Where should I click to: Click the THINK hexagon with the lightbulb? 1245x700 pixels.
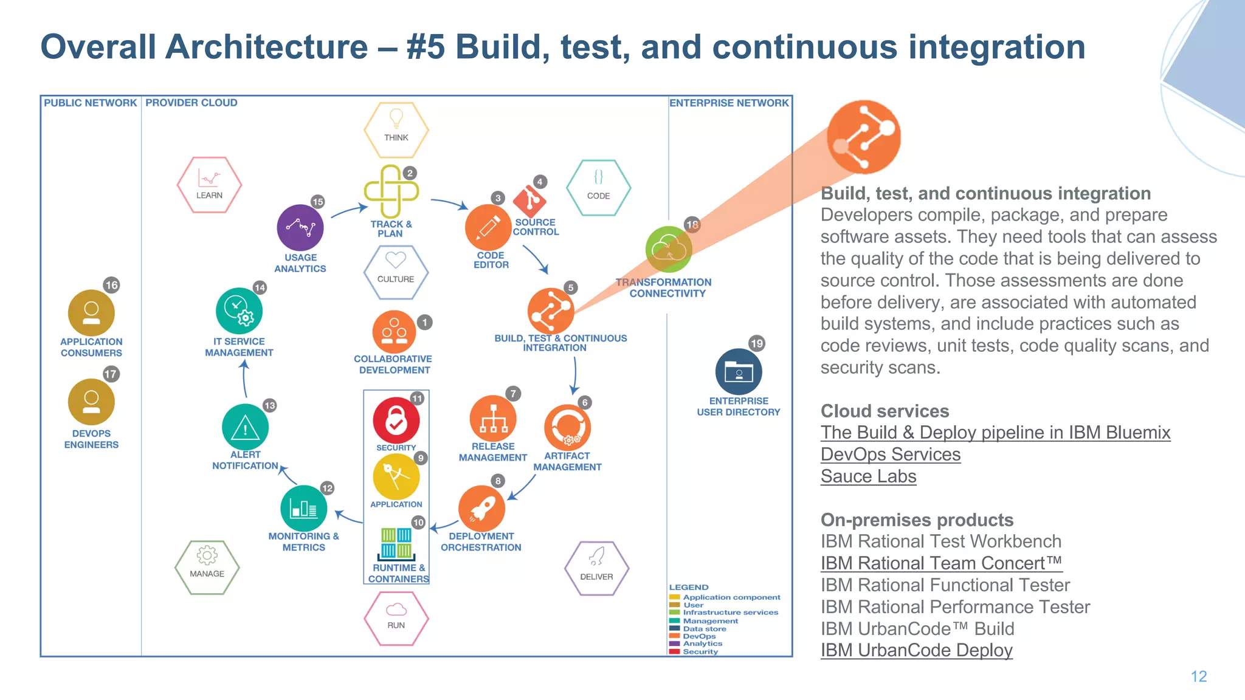click(396, 129)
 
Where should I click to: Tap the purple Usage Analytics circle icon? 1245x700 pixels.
click(300, 228)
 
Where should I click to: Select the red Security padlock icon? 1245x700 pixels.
click(396, 420)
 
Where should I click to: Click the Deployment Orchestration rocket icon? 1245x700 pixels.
click(481, 508)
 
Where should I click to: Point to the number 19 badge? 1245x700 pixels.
click(756, 343)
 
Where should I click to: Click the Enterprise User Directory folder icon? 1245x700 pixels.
click(738, 371)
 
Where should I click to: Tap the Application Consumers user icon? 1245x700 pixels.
click(91, 312)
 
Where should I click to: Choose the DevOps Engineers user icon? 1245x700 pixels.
click(91, 402)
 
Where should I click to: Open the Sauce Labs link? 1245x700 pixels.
click(868, 476)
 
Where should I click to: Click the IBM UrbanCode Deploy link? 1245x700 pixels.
click(916, 650)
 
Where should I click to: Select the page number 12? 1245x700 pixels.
click(1198, 676)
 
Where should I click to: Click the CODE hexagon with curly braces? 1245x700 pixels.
click(598, 187)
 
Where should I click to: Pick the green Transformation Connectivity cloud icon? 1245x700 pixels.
click(668, 249)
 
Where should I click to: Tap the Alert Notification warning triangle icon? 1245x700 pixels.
click(245, 427)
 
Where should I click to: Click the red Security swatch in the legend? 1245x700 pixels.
click(674, 651)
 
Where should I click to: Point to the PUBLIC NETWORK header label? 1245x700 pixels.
click(90, 103)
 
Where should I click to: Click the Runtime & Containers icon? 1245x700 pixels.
click(396, 543)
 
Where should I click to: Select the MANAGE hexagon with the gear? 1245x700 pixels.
click(207, 566)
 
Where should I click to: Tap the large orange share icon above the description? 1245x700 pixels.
click(863, 137)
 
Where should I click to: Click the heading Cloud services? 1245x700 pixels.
click(885, 411)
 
